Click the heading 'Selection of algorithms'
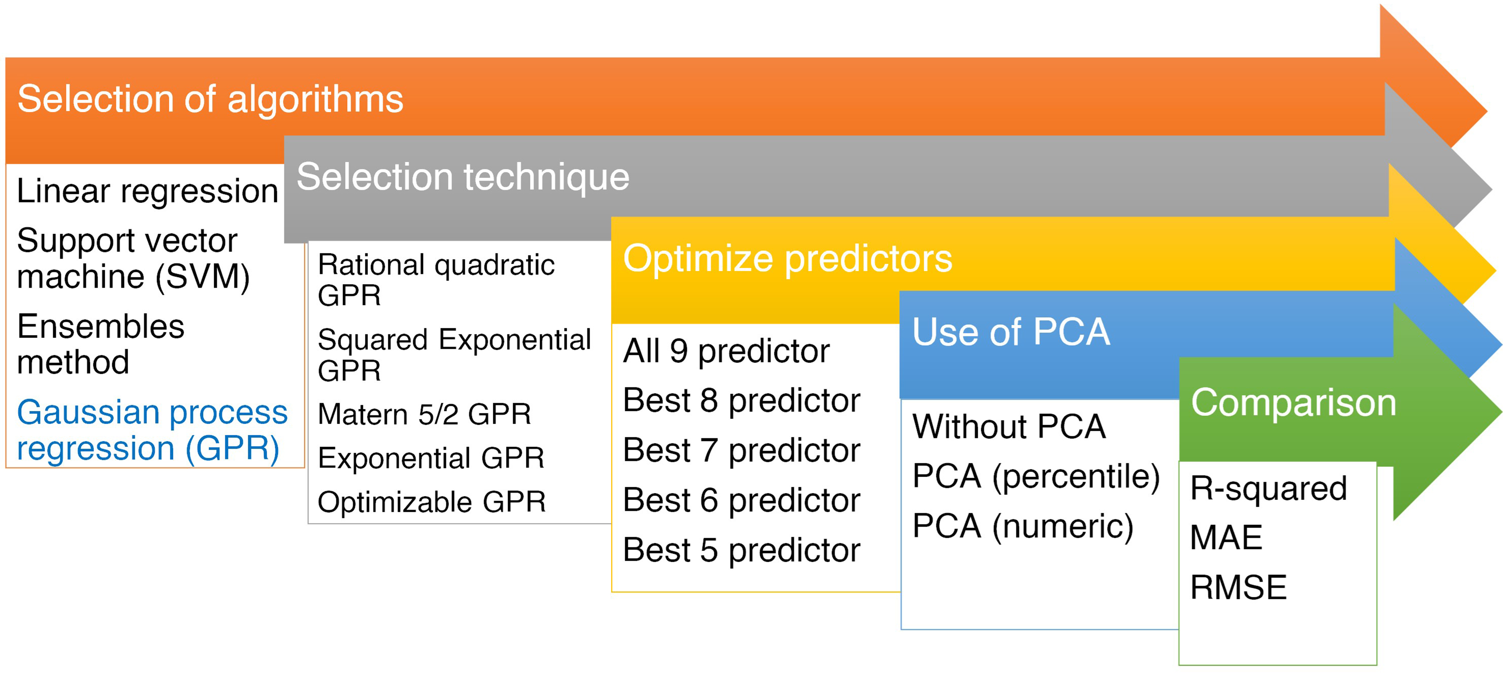211,99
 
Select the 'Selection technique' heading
463,177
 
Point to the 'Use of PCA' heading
1011,332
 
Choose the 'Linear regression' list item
148,191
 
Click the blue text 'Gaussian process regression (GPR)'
152,431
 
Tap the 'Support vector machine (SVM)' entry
134,258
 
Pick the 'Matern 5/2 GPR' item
425,415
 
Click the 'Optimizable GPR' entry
432,502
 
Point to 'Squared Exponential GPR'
454,355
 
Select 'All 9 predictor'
726,351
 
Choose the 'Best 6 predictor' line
742,501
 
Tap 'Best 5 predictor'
742,550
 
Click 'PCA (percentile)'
1036,477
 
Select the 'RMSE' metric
1239,587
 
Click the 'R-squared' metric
1269,488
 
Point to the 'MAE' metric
1226,538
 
